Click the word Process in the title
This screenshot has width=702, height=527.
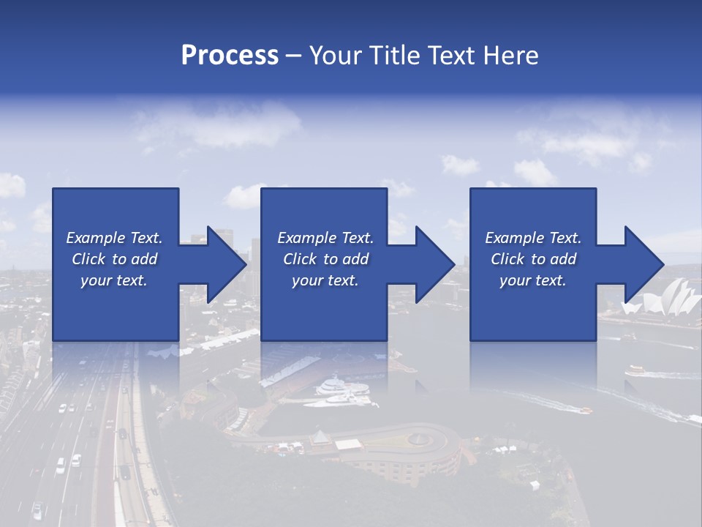coord(230,56)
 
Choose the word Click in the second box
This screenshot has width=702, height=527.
coord(298,259)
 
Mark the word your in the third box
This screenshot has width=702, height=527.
coord(515,280)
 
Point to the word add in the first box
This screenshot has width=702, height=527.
coord(144,259)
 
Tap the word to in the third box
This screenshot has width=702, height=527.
coord(538,259)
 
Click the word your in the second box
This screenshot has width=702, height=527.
coord(307,280)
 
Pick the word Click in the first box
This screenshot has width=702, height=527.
coord(88,259)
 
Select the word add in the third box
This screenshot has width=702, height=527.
coord(563,259)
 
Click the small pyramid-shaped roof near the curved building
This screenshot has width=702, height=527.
coord(320,437)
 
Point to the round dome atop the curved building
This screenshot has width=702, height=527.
coord(419,438)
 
